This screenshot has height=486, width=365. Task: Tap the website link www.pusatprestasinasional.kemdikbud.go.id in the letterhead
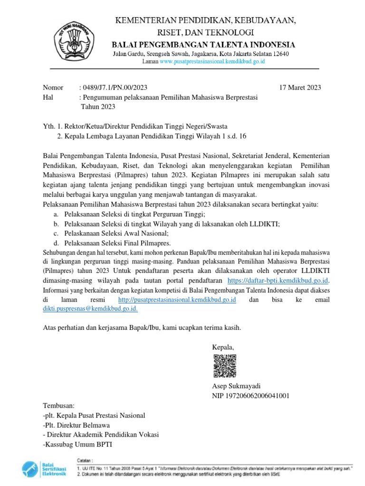[212, 62]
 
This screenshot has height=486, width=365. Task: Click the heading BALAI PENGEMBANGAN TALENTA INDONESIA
[203, 45]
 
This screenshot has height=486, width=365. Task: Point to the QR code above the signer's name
[223, 366]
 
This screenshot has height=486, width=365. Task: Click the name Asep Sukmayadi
[236, 385]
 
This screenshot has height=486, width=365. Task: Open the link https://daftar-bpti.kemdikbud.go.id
[278, 280]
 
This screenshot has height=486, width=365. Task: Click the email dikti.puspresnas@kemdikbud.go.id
[90, 308]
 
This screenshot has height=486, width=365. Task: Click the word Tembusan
[59, 406]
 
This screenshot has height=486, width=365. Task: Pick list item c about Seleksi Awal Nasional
[116, 234]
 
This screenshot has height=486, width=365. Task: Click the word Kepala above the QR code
[223, 347]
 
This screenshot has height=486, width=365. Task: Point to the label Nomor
[53, 87]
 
